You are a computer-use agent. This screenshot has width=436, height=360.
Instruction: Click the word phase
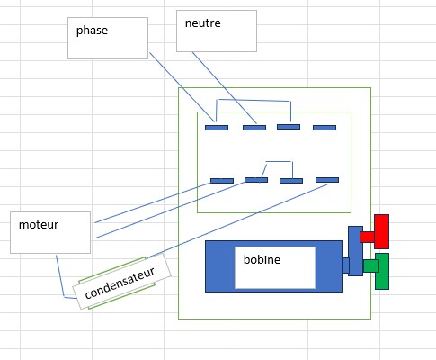[92, 31]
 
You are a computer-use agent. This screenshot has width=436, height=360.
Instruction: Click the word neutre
[203, 23]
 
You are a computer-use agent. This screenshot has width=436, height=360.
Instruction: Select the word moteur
[39, 225]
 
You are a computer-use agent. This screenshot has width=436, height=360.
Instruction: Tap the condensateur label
[120, 283]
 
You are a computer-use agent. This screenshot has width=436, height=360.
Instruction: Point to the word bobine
[262, 259]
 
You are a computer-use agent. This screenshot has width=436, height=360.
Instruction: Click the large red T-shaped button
[375, 231]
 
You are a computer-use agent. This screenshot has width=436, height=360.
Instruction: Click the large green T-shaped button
[377, 271]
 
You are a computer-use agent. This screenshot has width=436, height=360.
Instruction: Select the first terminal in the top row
[217, 128]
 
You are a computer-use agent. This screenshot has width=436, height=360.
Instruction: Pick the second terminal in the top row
[254, 128]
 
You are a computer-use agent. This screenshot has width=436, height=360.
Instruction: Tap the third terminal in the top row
[289, 127]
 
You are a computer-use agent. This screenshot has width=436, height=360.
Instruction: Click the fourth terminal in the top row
[325, 128]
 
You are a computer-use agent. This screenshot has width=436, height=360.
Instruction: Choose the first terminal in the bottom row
[222, 181]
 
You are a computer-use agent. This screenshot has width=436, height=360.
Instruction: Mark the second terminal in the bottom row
[256, 180]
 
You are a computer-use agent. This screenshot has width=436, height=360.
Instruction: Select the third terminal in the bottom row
[291, 181]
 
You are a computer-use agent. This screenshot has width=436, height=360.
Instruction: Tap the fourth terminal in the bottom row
[327, 180]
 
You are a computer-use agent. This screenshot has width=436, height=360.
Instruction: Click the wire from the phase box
[182, 87]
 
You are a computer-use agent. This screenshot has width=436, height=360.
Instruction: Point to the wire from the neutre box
[225, 87]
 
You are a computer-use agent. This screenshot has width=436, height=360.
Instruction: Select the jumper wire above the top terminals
[254, 100]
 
